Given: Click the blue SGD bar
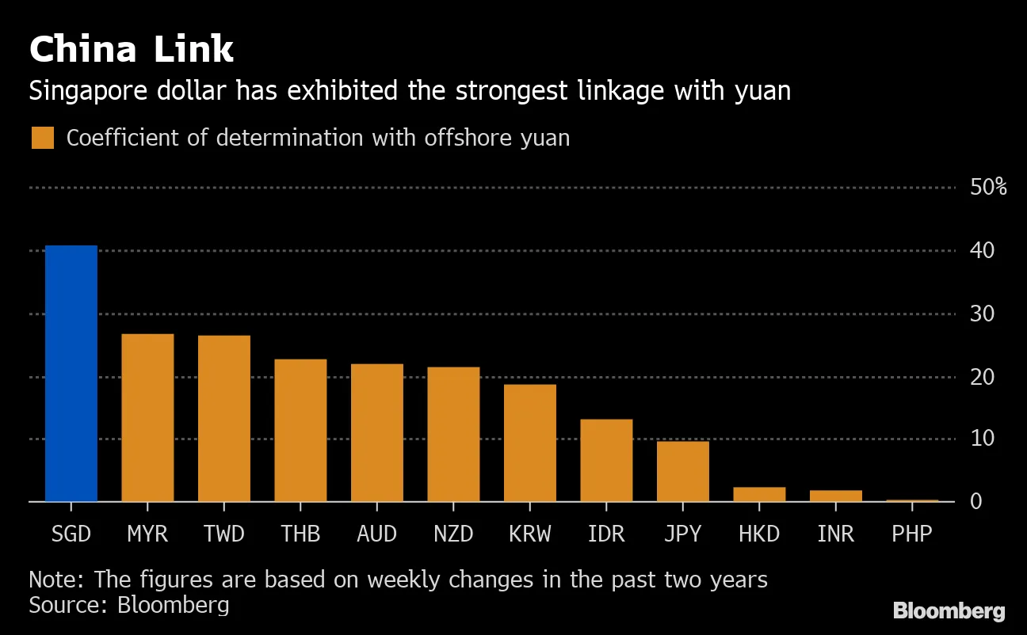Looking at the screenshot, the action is coord(71,373).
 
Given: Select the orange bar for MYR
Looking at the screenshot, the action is coord(147,417).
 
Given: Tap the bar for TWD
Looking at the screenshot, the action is coord(224,418).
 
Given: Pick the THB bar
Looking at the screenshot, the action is coord(300,430).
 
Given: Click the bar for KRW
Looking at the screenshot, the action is coord(530,443).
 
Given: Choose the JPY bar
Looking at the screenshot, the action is coord(683,471).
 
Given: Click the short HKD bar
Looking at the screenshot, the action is coord(759,494).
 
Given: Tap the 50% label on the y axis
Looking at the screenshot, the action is coord(987,188).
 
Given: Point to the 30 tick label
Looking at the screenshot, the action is coord(983,314).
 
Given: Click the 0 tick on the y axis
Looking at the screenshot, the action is coord(976,501).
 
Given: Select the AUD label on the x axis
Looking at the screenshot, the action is coord(377,534).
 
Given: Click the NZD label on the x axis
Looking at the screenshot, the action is coord(453,534).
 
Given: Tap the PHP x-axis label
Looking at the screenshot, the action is coord(912,534).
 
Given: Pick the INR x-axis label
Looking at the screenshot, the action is coord(836,534).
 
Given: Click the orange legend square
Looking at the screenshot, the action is coord(43,138).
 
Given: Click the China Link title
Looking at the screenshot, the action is coord(132,50).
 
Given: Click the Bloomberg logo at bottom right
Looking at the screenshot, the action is coord(949,611).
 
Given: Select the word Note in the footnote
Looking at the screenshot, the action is coord(54,580).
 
